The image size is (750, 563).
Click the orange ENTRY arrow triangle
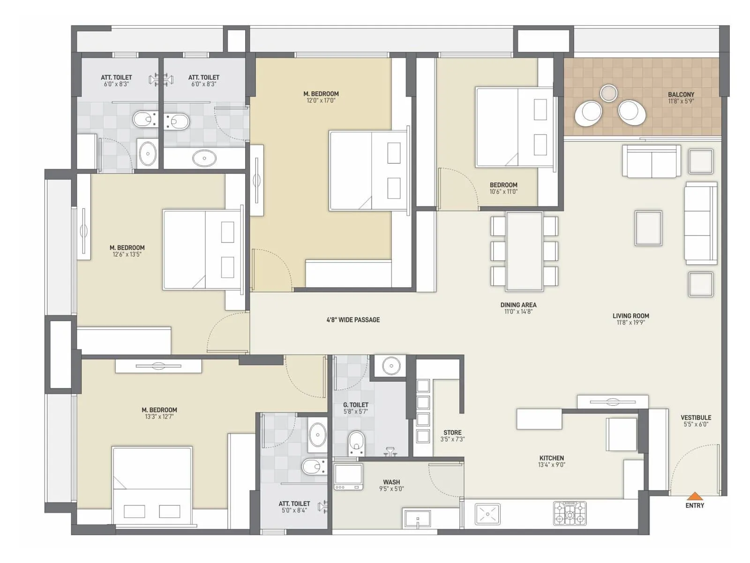click(694, 496)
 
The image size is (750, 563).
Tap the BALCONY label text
click(681, 94)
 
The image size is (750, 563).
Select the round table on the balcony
click(608, 93)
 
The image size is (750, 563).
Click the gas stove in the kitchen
click(570, 513)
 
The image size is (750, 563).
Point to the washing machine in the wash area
click(348, 477)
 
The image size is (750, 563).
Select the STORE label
click(452, 433)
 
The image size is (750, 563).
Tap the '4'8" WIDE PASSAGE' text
click(353, 320)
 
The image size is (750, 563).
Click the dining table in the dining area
click(524, 251)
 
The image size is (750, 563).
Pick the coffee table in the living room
click(648, 228)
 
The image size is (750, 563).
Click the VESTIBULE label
click(696, 418)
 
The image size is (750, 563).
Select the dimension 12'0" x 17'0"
click(321, 100)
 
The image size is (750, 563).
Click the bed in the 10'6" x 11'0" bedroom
click(514, 127)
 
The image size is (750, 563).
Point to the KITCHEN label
click(551, 458)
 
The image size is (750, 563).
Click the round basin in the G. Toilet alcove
click(390, 365)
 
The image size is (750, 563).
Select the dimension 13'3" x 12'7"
click(159, 417)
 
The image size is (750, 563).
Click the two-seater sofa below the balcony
click(651, 161)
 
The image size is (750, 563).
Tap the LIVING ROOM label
click(630, 316)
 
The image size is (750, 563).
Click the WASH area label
click(391, 482)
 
